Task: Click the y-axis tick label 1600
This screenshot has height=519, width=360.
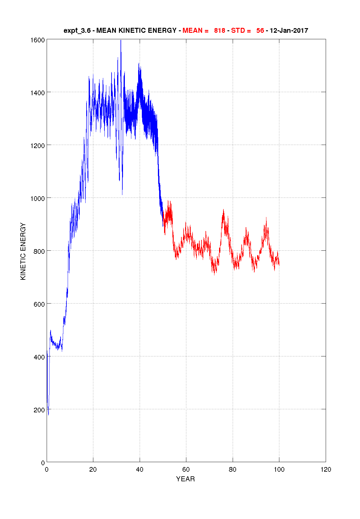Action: tap(37, 40)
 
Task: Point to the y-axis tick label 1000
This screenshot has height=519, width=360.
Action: tap(37, 198)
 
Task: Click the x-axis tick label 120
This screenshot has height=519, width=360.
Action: tap(326, 470)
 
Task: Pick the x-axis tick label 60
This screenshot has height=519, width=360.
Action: tap(186, 470)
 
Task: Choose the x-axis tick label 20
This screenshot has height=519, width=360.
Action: tap(93, 470)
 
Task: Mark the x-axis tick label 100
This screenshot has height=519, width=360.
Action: tap(279, 470)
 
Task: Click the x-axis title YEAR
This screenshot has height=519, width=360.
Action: tap(185, 479)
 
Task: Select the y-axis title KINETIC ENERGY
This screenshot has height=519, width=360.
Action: tap(23, 251)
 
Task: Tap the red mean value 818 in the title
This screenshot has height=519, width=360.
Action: tap(219, 31)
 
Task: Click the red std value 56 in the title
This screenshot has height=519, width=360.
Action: tap(260, 31)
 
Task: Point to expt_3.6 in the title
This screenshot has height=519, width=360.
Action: tap(77, 31)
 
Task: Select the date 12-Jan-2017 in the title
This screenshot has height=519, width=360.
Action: tap(289, 31)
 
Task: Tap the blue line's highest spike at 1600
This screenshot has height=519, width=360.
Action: tap(121, 40)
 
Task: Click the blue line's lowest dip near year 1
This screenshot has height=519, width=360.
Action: tap(49, 415)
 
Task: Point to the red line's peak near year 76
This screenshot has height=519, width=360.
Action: tap(223, 210)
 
